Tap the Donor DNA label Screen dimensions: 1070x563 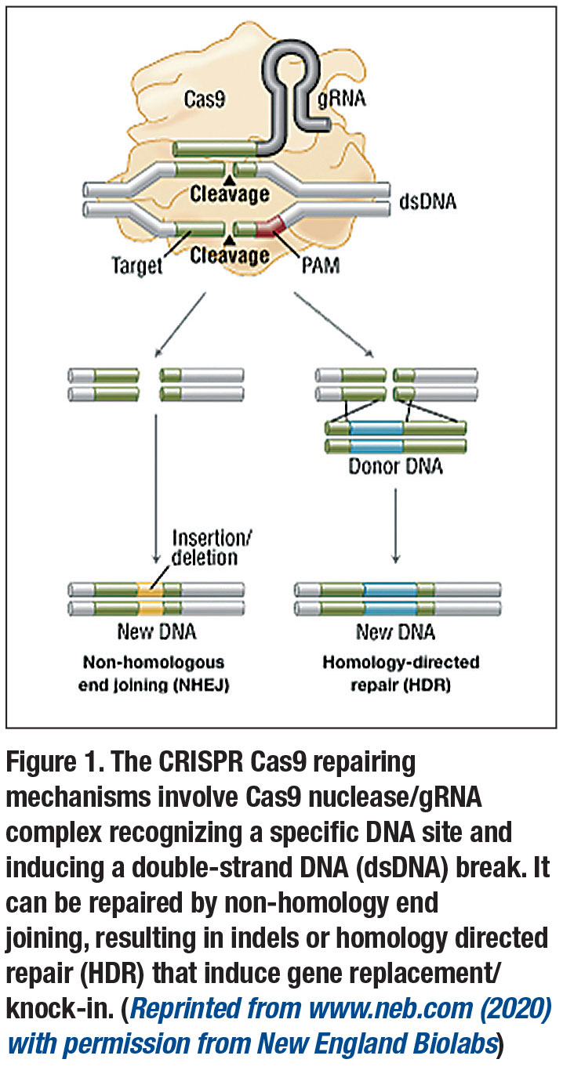coord(395,468)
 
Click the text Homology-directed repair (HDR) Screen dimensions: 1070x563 coord(401,673)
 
